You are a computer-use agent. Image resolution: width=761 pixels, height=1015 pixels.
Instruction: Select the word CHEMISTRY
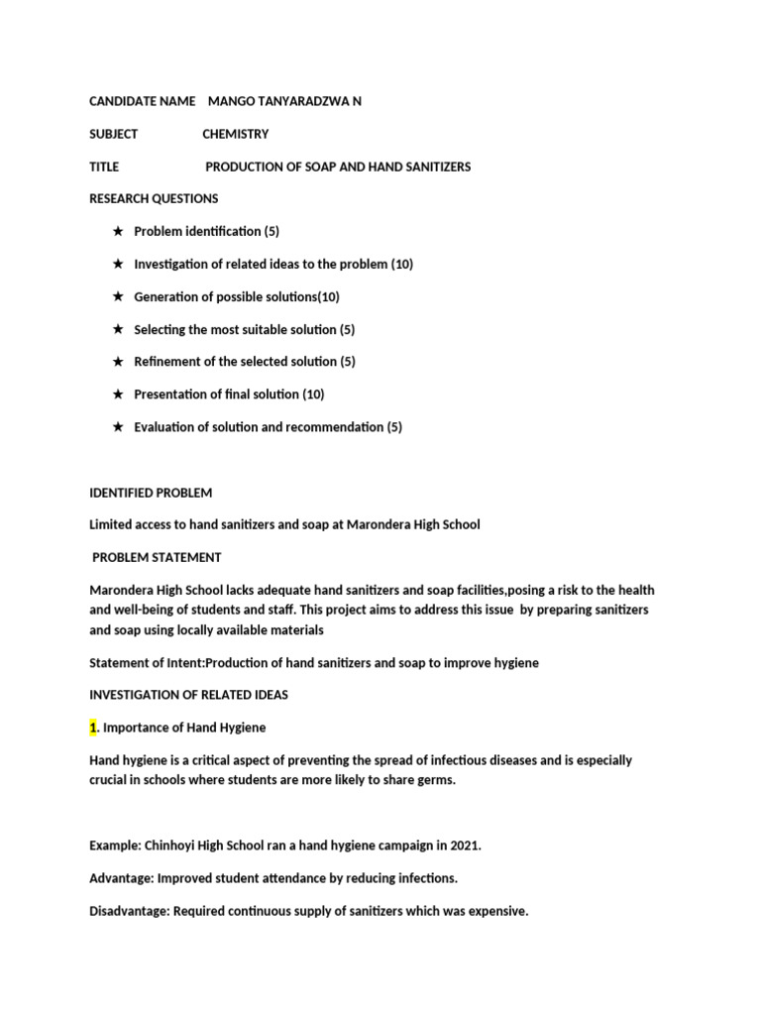click(x=235, y=134)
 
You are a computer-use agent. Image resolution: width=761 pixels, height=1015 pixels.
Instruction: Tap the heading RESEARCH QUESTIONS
click(x=154, y=198)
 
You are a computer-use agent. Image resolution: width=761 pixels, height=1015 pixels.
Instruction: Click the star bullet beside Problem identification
click(x=118, y=231)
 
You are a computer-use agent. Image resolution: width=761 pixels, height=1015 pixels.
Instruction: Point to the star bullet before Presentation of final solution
click(x=118, y=395)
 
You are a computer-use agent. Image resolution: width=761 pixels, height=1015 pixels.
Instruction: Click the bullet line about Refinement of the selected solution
click(x=244, y=362)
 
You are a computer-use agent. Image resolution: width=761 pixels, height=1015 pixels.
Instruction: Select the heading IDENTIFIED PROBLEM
click(x=151, y=493)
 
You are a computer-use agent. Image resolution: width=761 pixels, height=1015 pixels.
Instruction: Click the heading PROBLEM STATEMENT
click(x=157, y=557)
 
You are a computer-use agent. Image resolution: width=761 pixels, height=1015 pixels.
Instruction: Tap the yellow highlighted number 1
click(x=93, y=728)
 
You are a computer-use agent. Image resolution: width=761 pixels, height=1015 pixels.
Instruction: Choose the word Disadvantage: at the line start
click(x=130, y=911)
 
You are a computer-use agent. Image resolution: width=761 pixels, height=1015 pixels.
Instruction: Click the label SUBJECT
click(x=114, y=134)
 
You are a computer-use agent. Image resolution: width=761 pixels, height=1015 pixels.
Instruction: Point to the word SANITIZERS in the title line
click(x=429, y=167)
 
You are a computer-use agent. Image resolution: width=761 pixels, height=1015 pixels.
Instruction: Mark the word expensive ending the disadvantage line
click(x=498, y=911)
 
